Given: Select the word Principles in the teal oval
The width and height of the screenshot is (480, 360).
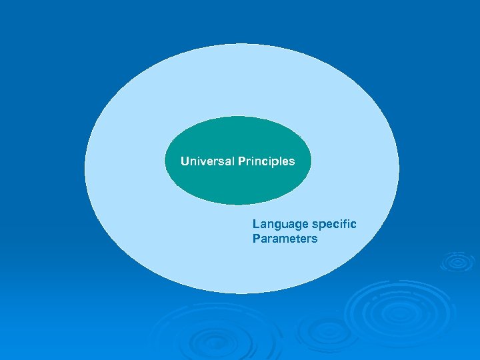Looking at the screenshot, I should click(x=265, y=161).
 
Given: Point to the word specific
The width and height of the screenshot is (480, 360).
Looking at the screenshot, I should click(x=333, y=224).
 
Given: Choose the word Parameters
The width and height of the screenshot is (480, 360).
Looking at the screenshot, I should click(x=285, y=239).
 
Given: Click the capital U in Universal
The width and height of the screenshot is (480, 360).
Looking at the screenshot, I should click(x=185, y=161).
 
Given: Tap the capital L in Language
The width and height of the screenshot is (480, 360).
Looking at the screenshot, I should click(x=255, y=224).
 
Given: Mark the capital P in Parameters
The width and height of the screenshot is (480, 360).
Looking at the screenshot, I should click(x=256, y=239).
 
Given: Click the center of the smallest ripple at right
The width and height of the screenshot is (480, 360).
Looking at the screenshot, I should click(x=458, y=262).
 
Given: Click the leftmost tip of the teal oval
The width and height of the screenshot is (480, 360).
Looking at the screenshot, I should click(x=165, y=161).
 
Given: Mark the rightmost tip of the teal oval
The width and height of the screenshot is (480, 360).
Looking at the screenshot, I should click(x=311, y=161).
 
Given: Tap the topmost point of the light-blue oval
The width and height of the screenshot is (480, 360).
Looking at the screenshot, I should click(x=241, y=43).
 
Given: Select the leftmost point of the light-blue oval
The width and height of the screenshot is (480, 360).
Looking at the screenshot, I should click(x=85, y=169).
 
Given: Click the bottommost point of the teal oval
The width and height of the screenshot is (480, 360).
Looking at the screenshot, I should click(x=238, y=205).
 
